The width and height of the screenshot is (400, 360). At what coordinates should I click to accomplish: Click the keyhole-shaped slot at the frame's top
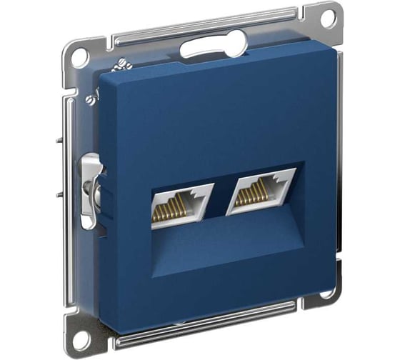(x=201, y=48)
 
